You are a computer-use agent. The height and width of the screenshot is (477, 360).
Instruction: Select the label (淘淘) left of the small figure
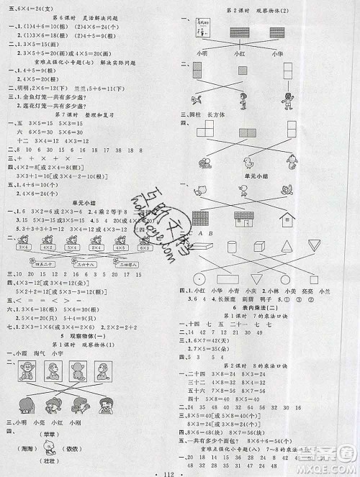tap(22, 446)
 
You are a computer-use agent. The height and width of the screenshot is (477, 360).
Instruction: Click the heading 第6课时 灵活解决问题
tap(89, 15)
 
